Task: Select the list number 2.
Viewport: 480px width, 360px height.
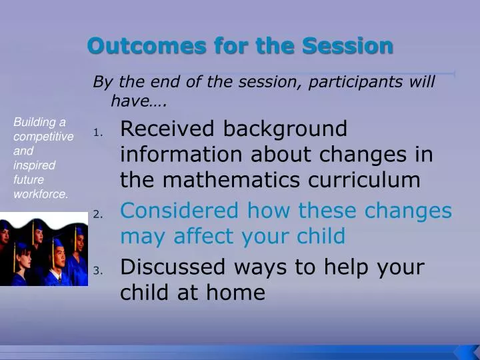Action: pos(97,215)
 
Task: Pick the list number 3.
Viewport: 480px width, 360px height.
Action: pos(97,271)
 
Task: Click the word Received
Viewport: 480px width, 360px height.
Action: pos(167,129)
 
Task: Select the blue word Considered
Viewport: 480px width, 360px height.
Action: pos(179,211)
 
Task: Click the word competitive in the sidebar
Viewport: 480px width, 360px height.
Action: pos(43,136)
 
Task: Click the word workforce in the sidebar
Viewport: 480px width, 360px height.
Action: pos(41,194)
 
